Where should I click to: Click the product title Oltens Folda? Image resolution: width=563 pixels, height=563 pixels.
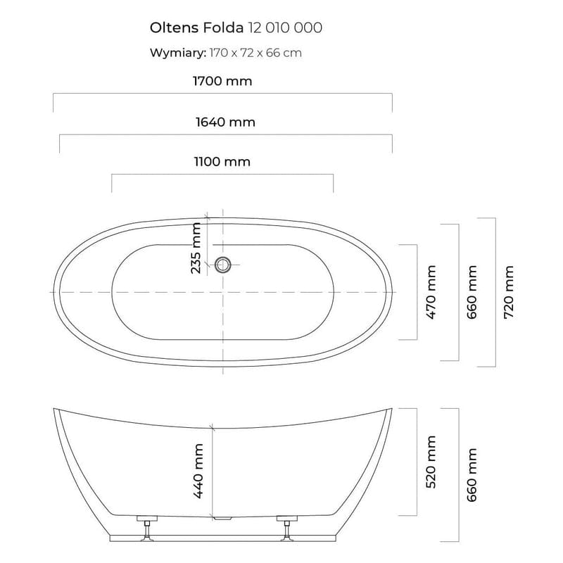click(x=196, y=27)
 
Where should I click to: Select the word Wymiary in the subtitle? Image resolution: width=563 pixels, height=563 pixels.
click(x=177, y=53)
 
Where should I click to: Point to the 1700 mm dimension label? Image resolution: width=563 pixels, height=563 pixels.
click(x=223, y=82)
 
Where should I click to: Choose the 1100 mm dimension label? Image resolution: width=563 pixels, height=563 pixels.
click(x=222, y=162)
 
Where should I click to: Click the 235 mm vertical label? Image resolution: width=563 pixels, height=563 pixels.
click(x=196, y=247)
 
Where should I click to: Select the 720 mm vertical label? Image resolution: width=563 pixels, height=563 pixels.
click(x=510, y=292)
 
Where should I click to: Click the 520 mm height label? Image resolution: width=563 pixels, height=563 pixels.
click(x=431, y=462)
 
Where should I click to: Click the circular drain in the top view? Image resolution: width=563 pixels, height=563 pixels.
click(x=223, y=265)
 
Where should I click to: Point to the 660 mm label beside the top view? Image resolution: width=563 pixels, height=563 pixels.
click(x=471, y=292)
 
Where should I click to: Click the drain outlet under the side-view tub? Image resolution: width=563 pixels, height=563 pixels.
click(x=222, y=519)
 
